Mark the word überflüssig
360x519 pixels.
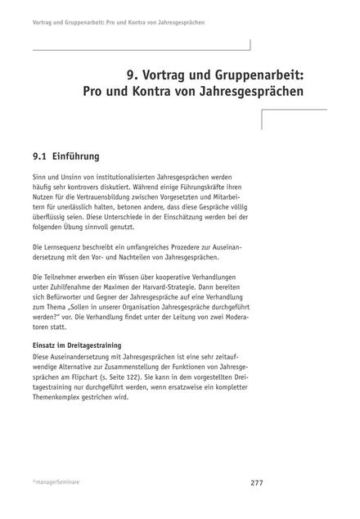52,222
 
